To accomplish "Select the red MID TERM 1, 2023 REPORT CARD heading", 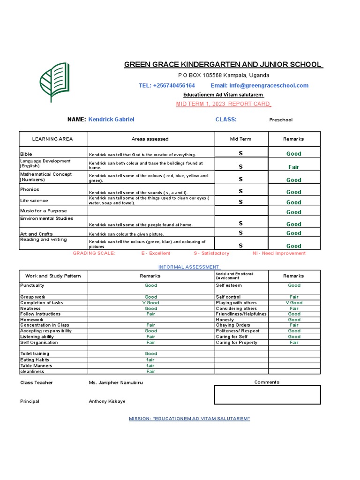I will (x=224, y=104).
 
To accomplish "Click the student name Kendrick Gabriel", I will (x=111, y=120).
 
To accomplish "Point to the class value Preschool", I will (x=280, y=120).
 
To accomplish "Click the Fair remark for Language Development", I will (x=293, y=167).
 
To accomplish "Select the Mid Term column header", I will (x=240, y=139).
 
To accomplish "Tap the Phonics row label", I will (x=30, y=189).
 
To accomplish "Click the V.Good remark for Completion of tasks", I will (x=150, y=303).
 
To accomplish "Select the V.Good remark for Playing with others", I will (x=294, y=303).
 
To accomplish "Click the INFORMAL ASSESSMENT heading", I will (x=189, y=267).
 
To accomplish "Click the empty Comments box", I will (x=267, y=395).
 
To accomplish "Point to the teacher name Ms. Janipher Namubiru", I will (x=116, y=382).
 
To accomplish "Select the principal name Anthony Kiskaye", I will (x=107, y=401).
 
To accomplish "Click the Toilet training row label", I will (x=34, y=354).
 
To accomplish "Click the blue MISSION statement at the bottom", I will (x=189, y=418).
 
